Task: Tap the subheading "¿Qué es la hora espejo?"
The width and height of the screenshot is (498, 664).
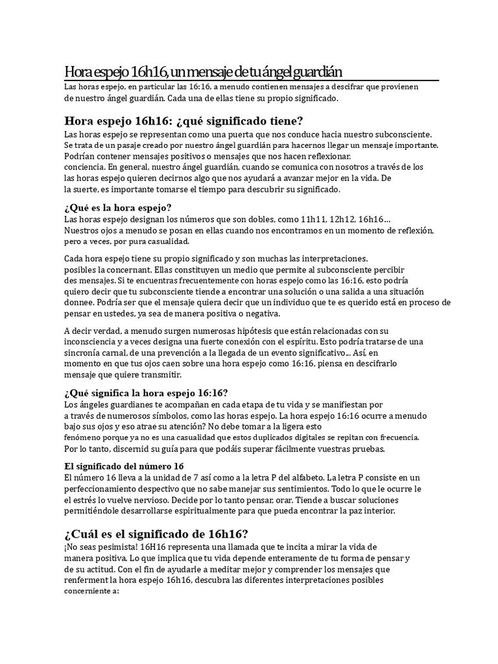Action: tap(117, 207)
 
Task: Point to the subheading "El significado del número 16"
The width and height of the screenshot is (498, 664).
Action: tap(124, 466)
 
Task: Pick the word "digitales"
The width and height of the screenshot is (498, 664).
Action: tap(307, 436)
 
